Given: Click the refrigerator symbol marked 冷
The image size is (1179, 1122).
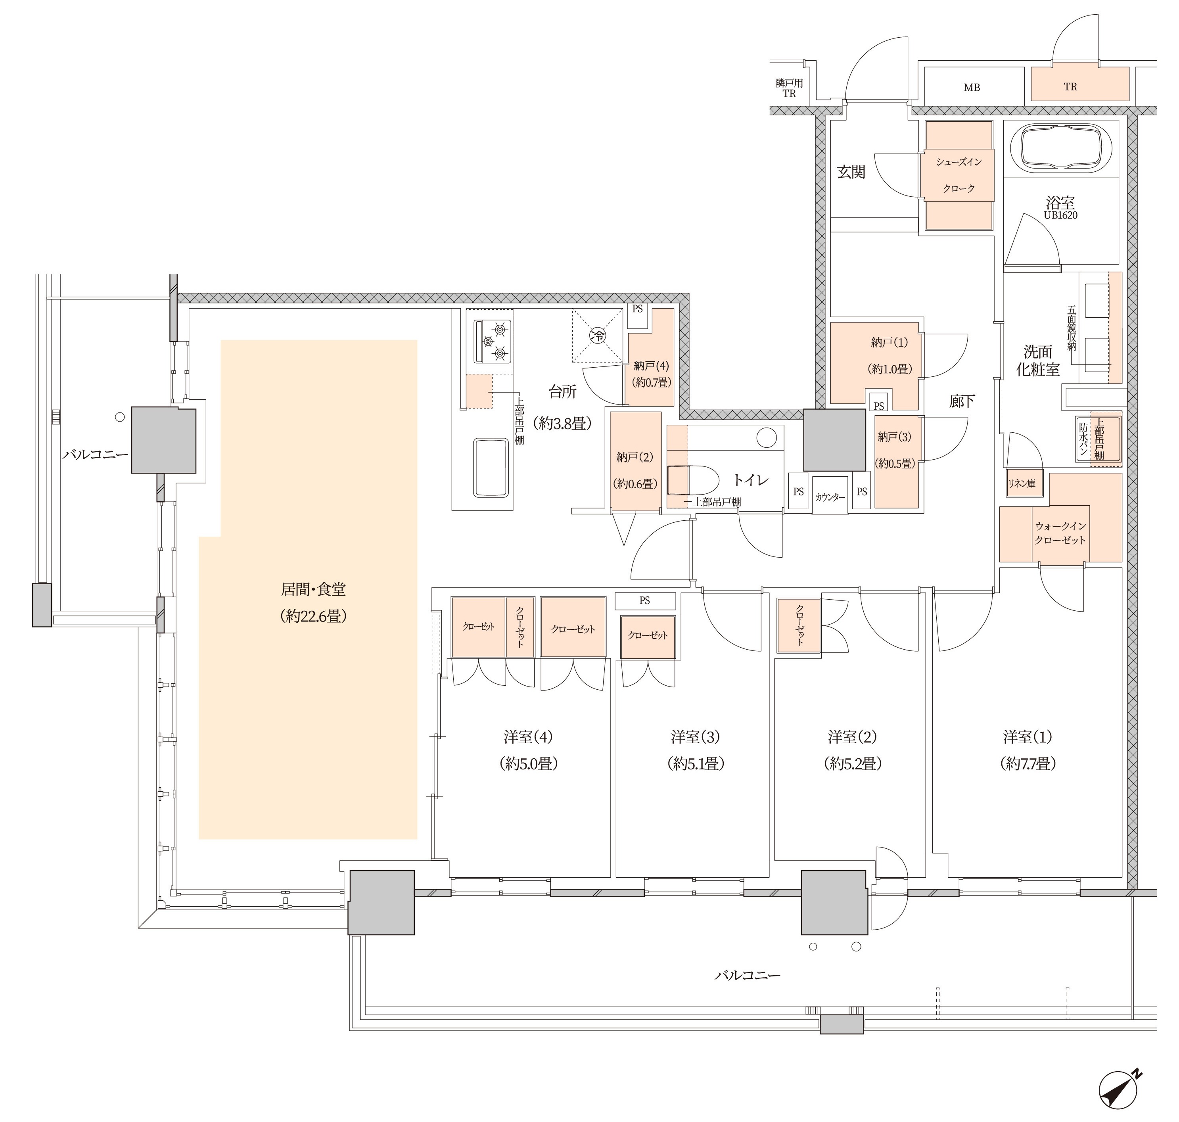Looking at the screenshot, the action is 598,336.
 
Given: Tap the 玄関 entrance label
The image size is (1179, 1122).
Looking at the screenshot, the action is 851,172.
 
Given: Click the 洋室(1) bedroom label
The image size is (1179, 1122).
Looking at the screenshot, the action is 1027,737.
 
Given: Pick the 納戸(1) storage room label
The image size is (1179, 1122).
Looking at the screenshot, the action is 890,343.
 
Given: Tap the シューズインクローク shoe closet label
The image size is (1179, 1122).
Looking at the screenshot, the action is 959,175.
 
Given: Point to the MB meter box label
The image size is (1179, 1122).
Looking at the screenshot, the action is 972,87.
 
